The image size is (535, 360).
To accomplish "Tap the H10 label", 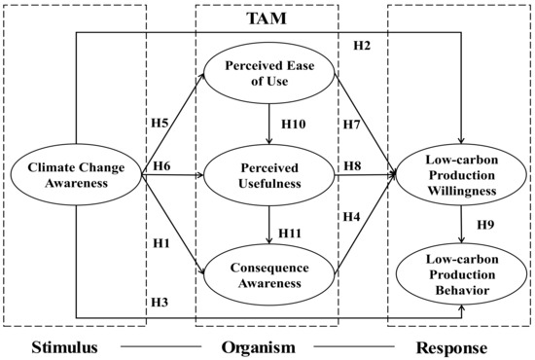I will [293, 125].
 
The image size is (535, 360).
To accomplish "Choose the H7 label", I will [352, 124].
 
